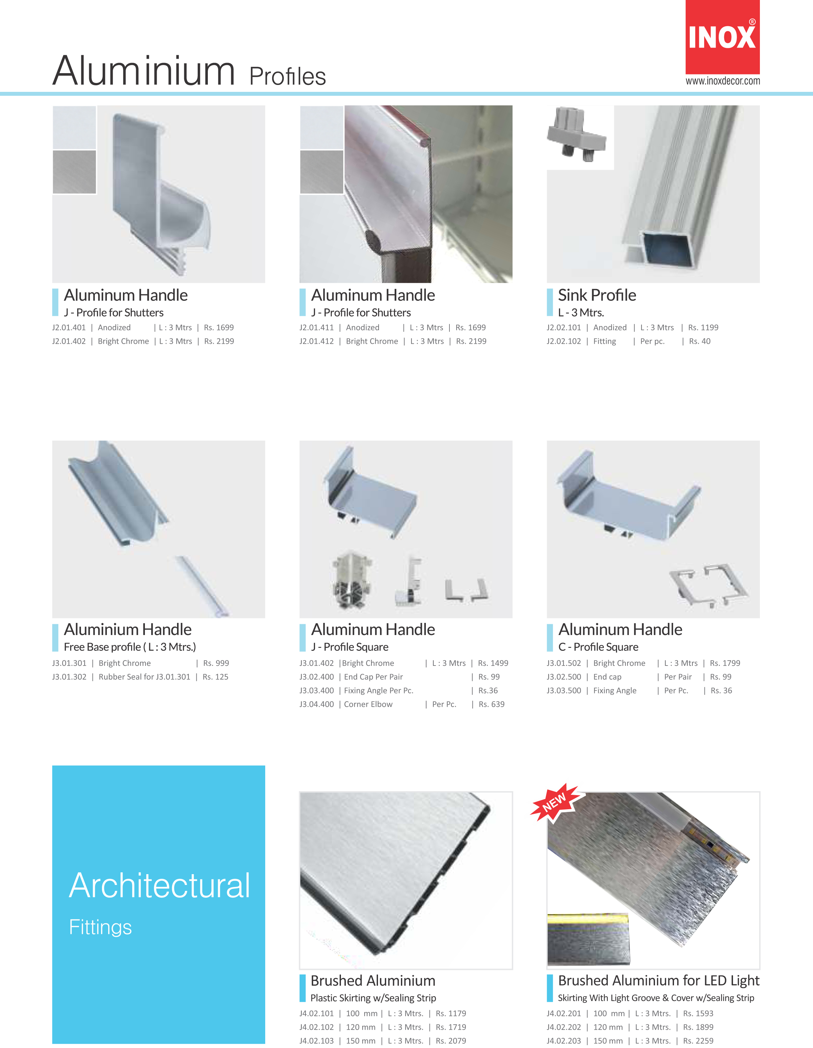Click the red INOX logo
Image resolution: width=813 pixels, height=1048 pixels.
pos(722,37)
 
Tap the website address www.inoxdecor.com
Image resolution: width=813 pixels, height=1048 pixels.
pos(722,81)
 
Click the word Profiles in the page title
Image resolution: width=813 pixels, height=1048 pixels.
pos(287,76)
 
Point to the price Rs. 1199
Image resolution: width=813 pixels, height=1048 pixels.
pos(703,327)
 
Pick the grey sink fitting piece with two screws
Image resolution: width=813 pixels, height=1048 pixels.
pos(577,134)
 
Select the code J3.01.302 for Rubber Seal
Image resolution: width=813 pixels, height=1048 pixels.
pos(69,677)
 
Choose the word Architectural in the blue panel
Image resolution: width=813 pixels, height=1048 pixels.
pos(160,885)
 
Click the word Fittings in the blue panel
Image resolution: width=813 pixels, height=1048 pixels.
pos(100,927)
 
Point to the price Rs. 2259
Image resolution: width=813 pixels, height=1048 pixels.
pos(698,1041)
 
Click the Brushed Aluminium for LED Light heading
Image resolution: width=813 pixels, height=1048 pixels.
pos(659,980)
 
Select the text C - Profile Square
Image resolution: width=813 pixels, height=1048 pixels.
pos(598,647)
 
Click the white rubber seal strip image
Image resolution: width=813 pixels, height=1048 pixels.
pos(202,586)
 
